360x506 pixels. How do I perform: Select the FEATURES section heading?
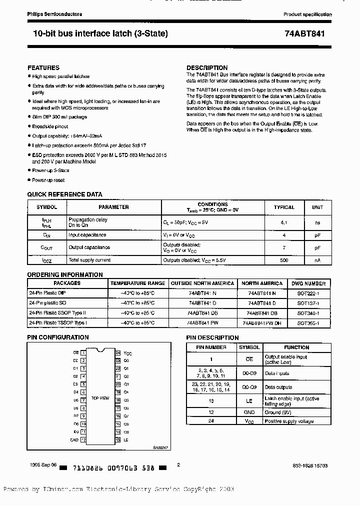(x=43, y=67)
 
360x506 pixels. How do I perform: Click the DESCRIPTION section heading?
(x=207, y=67)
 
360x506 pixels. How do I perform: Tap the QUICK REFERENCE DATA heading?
(x=64, y=194)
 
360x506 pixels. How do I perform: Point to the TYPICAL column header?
(x=284, y=207)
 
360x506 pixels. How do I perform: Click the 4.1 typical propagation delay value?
(x=284, y=222)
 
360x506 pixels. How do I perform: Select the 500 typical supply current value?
(x=284, y=260)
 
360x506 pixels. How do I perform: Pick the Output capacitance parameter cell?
(x=89, y=247)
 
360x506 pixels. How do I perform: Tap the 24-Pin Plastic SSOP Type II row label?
(x=57, y=313)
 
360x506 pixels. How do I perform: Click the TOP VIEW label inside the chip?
(x=100, y=398)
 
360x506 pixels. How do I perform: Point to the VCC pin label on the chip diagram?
(x=128, y=353)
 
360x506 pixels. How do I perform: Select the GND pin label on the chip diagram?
(x=74, y=440)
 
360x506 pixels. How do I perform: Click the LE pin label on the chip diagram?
(x=126, y=440)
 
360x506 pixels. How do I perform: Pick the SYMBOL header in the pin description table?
(x=249, y=347)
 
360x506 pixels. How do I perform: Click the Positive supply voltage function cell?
(x=289, y=421)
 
